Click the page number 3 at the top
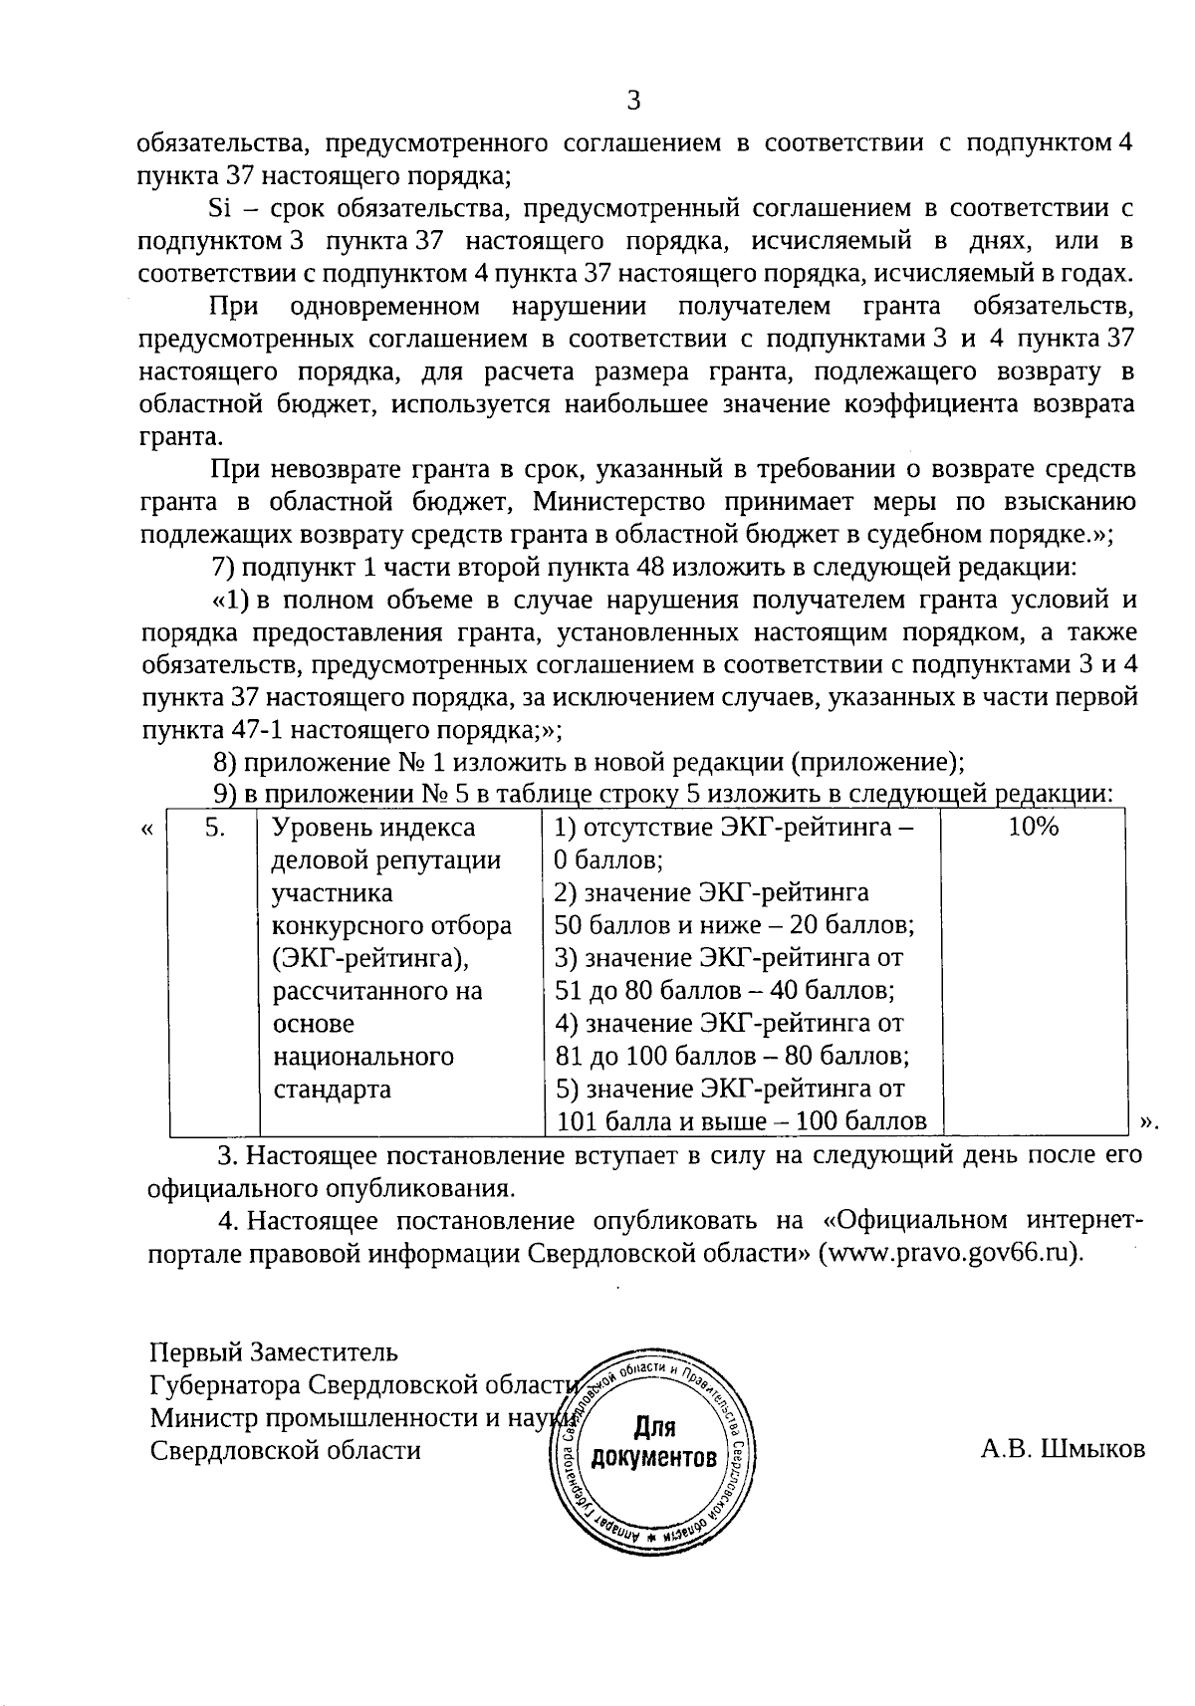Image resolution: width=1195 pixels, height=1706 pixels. (x=633, y=100)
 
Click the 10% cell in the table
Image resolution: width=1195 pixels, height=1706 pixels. (x=1033, y=827)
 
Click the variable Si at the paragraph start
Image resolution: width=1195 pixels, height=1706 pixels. (x=219, y=208)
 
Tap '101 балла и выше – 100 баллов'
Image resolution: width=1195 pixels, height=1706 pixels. (x=741, y=1121)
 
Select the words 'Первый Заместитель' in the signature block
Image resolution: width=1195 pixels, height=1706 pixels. (x=273, y=1352)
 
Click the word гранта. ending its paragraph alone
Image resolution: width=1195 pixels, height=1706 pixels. (x=180, y=437)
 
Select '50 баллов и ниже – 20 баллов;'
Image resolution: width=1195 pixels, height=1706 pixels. (x=734, y=925)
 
